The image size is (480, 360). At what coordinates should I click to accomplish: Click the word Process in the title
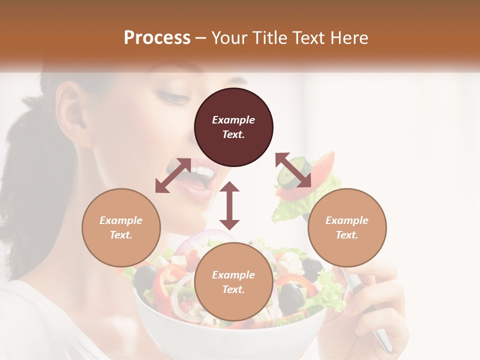(157, 38)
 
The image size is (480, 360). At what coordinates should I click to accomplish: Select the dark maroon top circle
(233, 127)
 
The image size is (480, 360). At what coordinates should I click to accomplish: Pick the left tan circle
(121, 227)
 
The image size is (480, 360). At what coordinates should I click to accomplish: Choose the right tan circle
(347, 227)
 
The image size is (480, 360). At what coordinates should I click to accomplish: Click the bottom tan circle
(233, 282)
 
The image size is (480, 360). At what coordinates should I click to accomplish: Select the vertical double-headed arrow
(229, 205)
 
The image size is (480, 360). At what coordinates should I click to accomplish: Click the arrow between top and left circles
(173, 175)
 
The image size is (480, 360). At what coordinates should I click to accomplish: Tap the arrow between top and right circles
(293, 170)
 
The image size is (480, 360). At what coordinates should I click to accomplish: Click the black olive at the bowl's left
(146, 275)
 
